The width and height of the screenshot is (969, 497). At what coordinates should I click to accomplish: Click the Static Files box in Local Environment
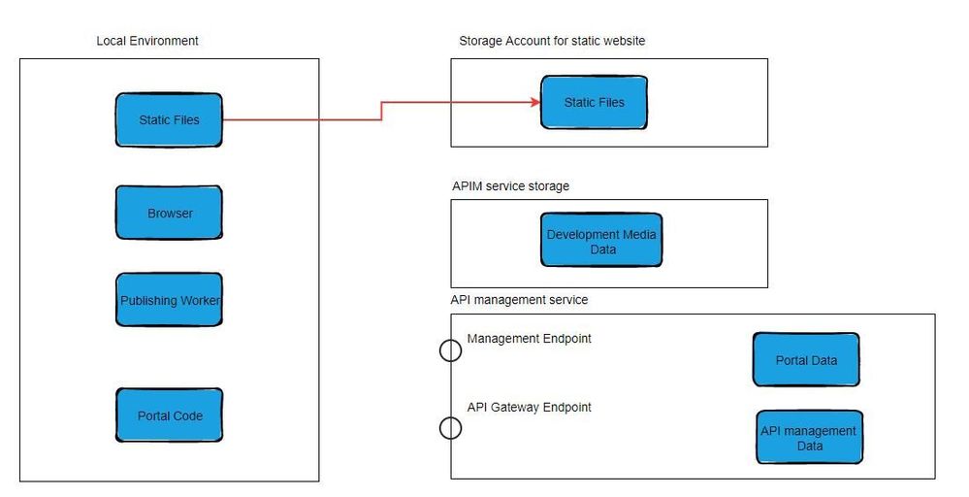click(169, 119)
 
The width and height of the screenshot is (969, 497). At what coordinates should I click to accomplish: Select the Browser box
click(169, 213)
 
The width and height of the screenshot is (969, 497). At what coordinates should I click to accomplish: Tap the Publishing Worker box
click(169, 301)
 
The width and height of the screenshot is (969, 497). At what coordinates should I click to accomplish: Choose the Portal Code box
click(169, 415)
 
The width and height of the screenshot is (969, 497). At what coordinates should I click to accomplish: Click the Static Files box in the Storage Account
click(594, 102)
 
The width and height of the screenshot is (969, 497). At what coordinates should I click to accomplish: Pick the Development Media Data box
click(601, 242)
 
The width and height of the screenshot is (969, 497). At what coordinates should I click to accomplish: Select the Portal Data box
click(805, 360)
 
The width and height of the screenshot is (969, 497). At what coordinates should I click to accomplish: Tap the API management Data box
click(809, 438)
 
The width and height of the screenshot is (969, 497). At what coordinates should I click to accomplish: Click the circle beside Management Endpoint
click(450, 350)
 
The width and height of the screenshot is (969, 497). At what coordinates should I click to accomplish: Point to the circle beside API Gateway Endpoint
click(450, 427)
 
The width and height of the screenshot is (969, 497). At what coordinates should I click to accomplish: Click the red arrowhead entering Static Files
click(534, 101)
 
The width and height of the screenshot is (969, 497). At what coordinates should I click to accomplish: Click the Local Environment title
click(147, 41)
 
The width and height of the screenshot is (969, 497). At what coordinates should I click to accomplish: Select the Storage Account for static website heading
click(552, 41)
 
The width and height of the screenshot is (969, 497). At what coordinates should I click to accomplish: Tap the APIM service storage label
click(510, 185)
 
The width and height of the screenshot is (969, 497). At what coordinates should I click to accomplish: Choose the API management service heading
click(519, 300)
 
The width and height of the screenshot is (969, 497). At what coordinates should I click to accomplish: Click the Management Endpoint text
click(529, 339)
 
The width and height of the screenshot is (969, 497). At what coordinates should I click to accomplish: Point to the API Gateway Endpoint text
click(529, 407)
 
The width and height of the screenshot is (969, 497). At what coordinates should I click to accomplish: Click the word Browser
click(170, 214)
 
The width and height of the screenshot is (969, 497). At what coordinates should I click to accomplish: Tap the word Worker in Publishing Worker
click(198, 301)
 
